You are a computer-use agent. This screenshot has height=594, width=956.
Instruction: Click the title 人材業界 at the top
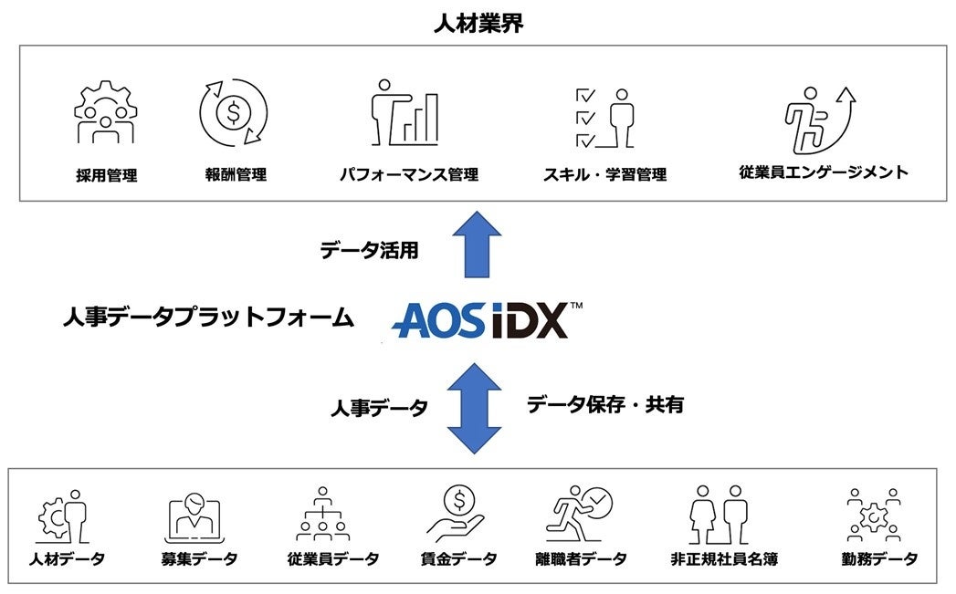[478, 23]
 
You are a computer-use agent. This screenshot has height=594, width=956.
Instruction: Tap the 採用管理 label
[107, 175]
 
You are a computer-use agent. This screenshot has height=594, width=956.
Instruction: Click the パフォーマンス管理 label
[408, 174]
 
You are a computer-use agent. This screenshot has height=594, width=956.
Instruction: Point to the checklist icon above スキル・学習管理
[603, 118]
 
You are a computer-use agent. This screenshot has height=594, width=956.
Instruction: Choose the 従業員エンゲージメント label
[824, 172]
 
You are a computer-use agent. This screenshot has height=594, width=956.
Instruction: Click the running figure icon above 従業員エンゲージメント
[818, 118]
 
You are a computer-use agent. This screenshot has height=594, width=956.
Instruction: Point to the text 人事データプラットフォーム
[207, 318]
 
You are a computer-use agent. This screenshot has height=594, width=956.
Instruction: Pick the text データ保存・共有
[604, 405]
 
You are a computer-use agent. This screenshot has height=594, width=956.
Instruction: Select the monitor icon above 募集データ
[194, 517]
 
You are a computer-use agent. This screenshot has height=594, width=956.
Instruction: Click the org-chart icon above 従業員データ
[322, 516]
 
